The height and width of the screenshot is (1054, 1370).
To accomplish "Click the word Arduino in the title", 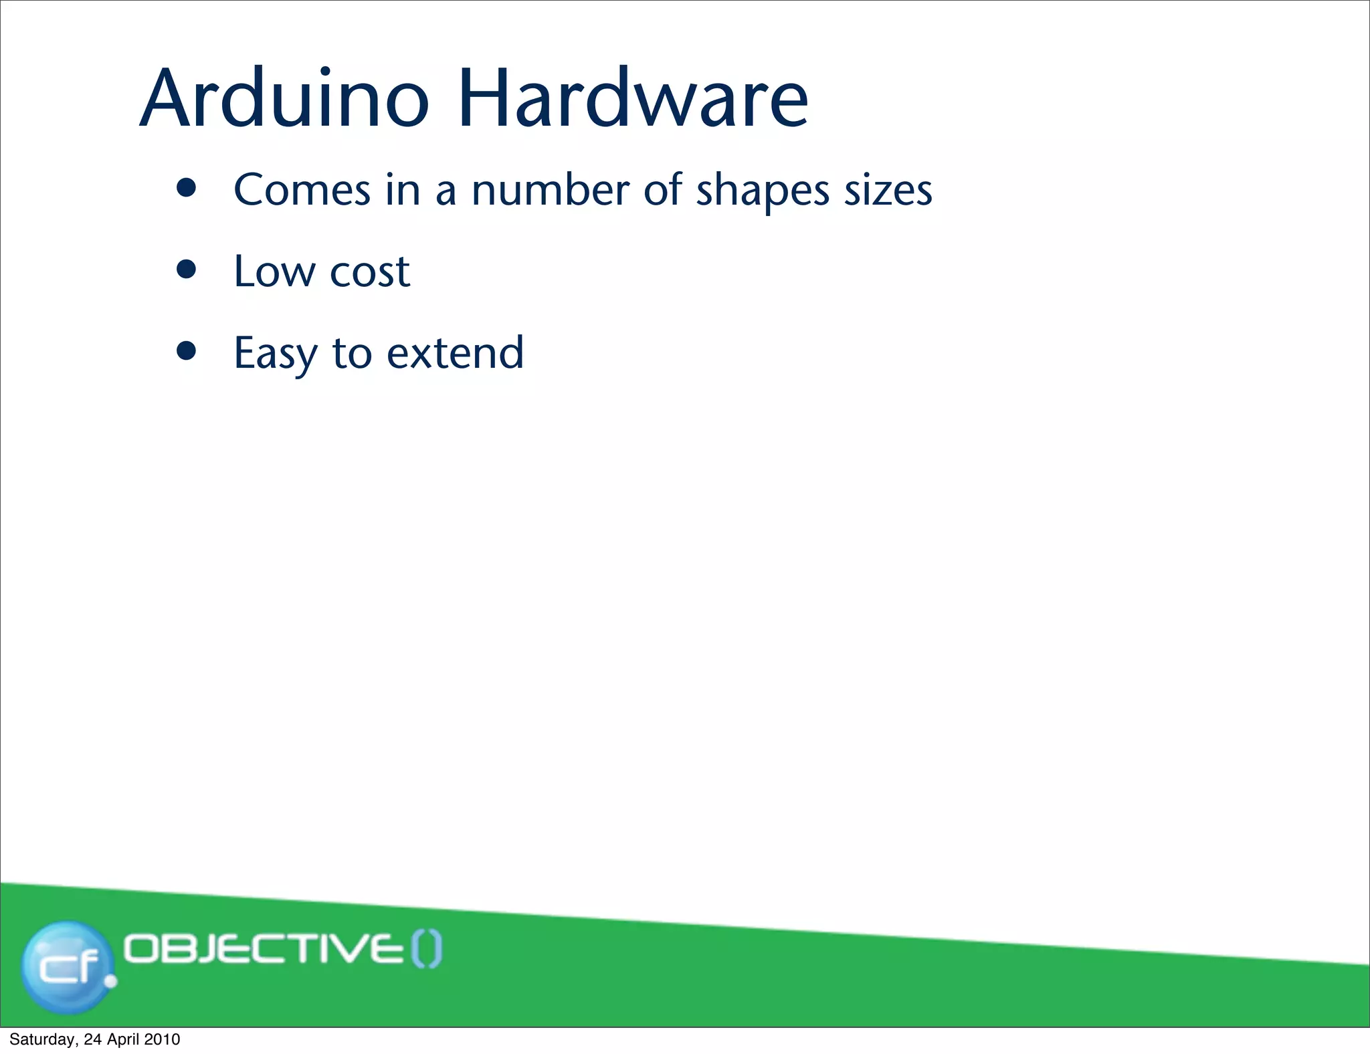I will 284,99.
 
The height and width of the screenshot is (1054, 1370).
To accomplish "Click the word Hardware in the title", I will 633,99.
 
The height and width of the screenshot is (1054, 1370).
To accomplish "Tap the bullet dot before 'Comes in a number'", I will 187,188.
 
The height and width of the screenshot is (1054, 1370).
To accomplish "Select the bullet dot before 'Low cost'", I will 187,270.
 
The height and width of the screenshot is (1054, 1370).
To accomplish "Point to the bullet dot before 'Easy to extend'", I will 187,351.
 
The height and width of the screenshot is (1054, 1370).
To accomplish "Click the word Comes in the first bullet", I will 302,190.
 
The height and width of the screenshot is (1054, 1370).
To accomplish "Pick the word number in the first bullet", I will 550,190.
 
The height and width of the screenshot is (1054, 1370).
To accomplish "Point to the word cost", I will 370,273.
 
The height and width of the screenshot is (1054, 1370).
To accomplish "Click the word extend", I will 456,353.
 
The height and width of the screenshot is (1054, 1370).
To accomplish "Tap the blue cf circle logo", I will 67,966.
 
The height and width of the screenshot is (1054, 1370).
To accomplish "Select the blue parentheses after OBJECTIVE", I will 427,950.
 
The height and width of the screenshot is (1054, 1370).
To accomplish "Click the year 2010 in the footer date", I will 162,1039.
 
